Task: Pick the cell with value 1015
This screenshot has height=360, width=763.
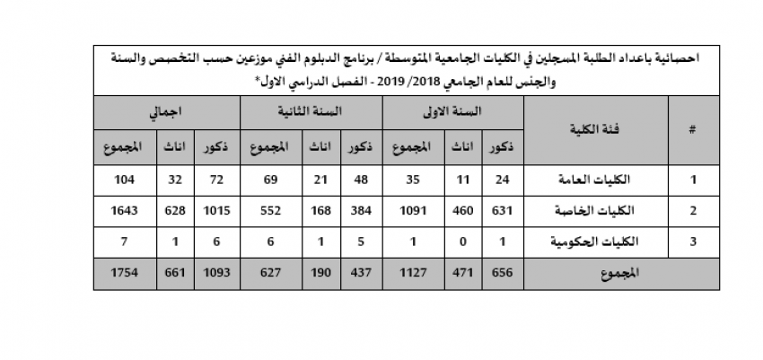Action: [215, 211]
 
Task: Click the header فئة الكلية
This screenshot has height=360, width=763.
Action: [595, 129]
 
